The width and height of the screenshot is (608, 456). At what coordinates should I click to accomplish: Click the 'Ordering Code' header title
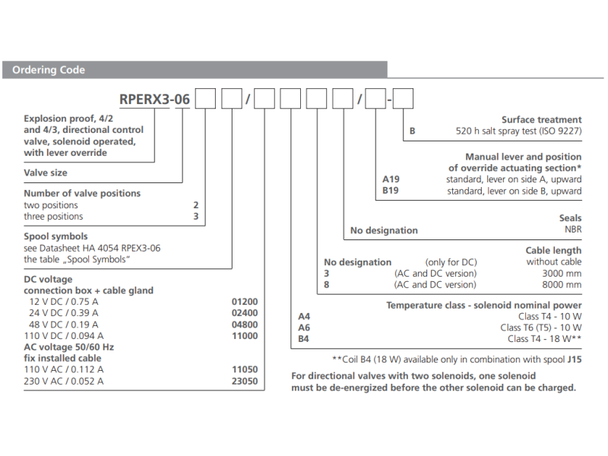[48, 70]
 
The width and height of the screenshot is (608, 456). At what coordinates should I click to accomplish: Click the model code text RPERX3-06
[156, 99]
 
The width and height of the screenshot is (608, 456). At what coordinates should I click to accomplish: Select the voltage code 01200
[244, 301]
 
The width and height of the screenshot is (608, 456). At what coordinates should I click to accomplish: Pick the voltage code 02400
[244, 312]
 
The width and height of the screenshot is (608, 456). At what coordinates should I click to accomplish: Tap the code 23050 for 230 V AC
[244, 381]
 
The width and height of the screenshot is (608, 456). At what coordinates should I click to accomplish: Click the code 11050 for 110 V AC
[244, 369]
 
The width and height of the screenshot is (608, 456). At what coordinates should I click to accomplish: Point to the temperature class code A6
[304, 328]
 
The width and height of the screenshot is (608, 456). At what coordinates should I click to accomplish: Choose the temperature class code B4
[304, 339]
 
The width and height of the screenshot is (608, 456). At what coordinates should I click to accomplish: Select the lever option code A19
[391, 179]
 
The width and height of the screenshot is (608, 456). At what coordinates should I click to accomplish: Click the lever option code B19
[391, 191]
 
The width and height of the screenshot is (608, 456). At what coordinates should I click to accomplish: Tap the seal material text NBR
[572, 230]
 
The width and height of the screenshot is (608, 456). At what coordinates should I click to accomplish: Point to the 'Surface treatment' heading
[541, 119]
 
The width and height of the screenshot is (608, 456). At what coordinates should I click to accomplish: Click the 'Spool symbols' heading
[55, 236]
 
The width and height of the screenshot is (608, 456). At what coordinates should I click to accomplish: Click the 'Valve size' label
[46, 173]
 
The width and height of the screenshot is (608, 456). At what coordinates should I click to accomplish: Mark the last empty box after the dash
[403, 99]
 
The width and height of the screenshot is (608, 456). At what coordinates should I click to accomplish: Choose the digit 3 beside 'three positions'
[195, 217]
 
